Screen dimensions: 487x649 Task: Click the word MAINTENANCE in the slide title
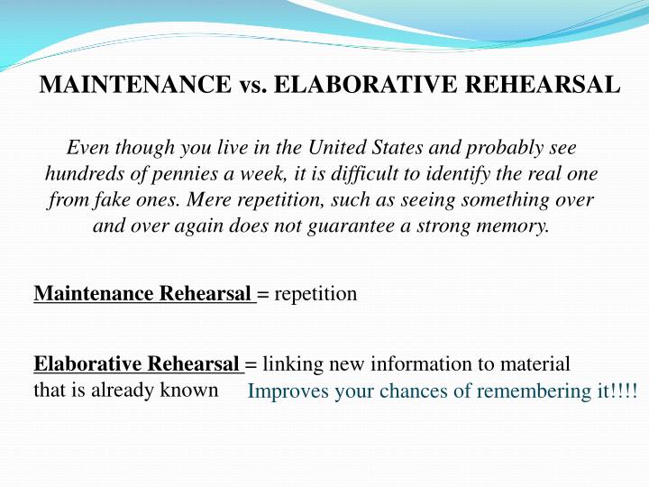(x=135, y=86)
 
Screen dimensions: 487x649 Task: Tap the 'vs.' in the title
(x=251, y=86)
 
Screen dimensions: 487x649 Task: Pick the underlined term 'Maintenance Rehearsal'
(x=144, y=294)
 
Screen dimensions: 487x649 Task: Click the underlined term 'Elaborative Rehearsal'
(x=138, y=364)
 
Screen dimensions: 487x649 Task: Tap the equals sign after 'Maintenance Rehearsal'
(x=263, y=294)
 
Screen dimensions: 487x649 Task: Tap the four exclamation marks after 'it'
(x=627, y=392)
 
